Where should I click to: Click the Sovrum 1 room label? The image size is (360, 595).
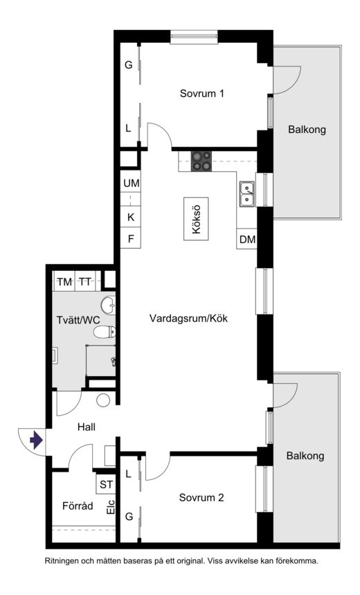coord(202,94)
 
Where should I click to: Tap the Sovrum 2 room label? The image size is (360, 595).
coord(201,497)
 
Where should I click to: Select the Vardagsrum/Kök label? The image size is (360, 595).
coord(188,318)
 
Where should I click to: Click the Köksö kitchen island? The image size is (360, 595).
coord(196,219)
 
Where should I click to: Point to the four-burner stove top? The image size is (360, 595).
coord(201,161)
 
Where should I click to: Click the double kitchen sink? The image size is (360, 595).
coord(246,194)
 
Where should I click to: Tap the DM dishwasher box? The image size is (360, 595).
coord(247,239)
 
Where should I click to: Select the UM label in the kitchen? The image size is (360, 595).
coord(132,184)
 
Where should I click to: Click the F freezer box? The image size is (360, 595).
coord(130,238)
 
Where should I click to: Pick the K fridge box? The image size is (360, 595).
coord(130,217)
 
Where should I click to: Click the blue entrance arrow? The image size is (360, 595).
coord(37,440)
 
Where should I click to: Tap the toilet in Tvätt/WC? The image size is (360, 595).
coord(105,332)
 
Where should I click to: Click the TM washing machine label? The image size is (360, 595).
coord(64,282)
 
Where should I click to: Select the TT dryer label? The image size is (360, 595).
coord(85,282)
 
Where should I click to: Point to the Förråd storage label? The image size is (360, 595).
coord(78,506)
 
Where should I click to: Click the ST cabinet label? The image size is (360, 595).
coord(106,485)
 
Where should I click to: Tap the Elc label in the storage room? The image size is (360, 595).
coord(111,507)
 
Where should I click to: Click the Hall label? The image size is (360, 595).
coord(87,427)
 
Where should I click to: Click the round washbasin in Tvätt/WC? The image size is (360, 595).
coord(108,305)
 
